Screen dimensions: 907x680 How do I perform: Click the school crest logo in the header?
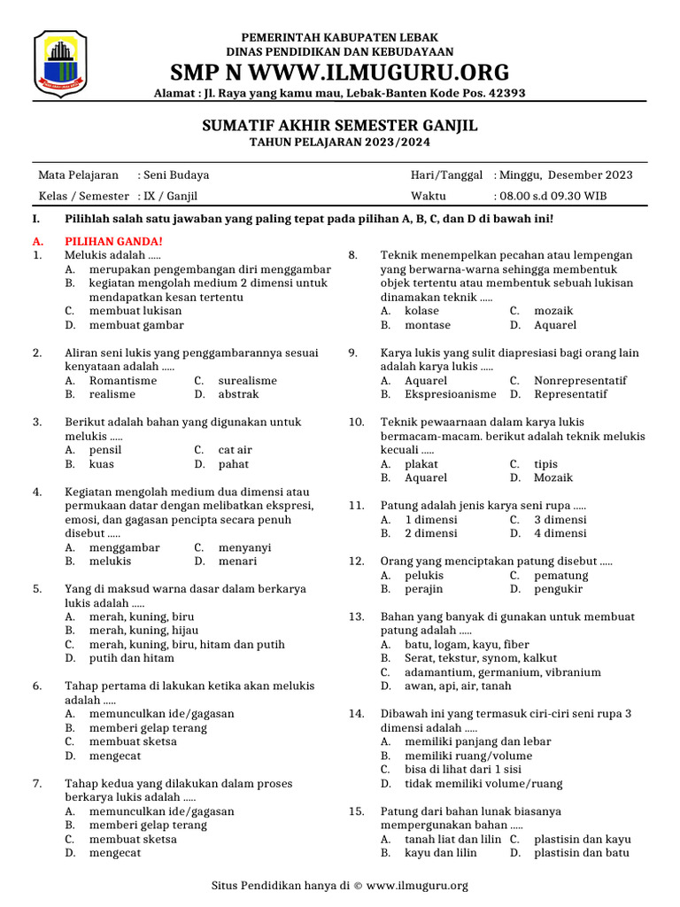tap(60, 64)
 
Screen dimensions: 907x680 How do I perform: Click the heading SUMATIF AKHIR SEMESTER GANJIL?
tap(340, 126)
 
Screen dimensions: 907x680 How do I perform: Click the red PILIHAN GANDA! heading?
tap(113, 241)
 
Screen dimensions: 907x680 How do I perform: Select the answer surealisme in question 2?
tap(247, 381)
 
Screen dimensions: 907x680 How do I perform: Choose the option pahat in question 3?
tap(234, 464)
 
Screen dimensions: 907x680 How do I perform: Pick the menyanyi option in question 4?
tap(244, 547)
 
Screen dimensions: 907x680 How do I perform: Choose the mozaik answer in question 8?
tap(553, 311)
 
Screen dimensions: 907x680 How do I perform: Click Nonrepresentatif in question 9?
tap(580, 381)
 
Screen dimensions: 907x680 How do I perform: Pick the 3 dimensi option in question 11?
tap(560, 520)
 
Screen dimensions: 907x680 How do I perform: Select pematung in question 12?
tap(560, 576)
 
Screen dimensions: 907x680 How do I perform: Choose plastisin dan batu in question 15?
tap(581, 853)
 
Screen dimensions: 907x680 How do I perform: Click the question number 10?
tap(356, 422)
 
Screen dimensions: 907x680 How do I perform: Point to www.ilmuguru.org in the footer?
tap(416, 885)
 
